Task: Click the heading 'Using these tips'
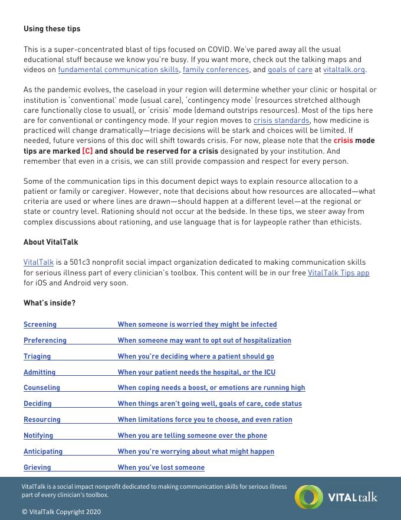pos(52,28)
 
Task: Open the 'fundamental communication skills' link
pos(118,70)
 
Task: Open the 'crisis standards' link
pos(281,121)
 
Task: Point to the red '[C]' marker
pos(87,151)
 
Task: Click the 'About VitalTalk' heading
pos(51,242)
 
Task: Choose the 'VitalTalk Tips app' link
pos(338,272)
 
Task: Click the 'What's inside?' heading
pos(50,303)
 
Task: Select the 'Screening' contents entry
pos(40,324)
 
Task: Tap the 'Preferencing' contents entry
pos(45,340)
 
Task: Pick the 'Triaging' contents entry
pos(37,356)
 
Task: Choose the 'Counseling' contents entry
pos(42,388)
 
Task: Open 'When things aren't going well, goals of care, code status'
pos(209,404)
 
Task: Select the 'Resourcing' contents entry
pos(42,420)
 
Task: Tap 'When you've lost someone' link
pos(161,467)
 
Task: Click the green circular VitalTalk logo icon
pos(308,497)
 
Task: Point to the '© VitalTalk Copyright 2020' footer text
pos(61,512)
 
